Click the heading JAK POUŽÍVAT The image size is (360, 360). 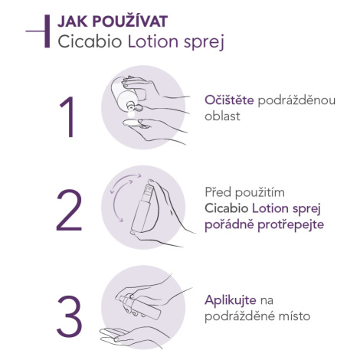tap(113, 21)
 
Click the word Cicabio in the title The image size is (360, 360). tap(90, 41)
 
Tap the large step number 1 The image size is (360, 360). tap(67, 117)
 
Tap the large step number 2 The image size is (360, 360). tap(69, 210)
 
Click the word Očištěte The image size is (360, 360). tap(229, 100)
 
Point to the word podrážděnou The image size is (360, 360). tap(296, 101)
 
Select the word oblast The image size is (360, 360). tap(222, 116)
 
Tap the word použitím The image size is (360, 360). tap(260, 193)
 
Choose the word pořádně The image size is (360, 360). tap(229, 225)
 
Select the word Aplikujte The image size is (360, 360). tap(231, 300)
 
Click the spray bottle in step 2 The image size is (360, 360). tap(142, 206)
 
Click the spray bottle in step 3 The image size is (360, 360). tap(139, 306)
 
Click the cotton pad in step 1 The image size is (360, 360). tap(133, 123)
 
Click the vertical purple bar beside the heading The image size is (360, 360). tap(47, 31)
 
